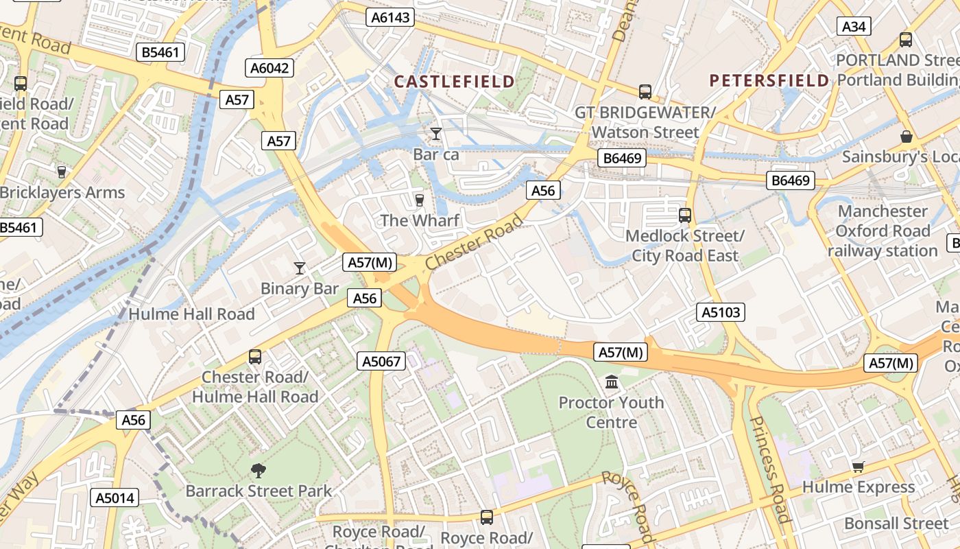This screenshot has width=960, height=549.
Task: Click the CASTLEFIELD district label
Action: point(454,82)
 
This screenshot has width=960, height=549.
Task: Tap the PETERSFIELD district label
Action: point(769,81)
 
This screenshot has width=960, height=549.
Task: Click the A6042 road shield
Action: point(270,68)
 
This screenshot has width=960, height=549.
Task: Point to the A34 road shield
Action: point(854,26)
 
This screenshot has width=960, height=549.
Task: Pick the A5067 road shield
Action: point(382,361)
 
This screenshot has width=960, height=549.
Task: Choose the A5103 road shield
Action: point(721,312)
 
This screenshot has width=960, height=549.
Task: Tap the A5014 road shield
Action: point(115,498)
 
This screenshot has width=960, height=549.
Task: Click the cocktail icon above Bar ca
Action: point(436,133)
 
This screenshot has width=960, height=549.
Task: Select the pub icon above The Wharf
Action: point(419,200)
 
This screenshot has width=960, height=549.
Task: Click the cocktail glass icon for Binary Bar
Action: point(299,268)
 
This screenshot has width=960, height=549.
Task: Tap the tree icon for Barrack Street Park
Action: point(259,470)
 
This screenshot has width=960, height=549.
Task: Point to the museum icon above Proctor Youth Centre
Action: point(612,382)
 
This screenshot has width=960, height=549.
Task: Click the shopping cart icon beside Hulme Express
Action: point(858,467)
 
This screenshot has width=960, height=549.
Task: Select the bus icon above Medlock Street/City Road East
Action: point(684,215)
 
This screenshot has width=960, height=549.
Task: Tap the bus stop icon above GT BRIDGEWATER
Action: point(645,91)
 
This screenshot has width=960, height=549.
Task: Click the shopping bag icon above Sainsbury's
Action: point(906,137)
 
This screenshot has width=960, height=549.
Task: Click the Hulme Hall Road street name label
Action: point(192,314)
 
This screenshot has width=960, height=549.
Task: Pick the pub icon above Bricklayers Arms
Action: point(62,172)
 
